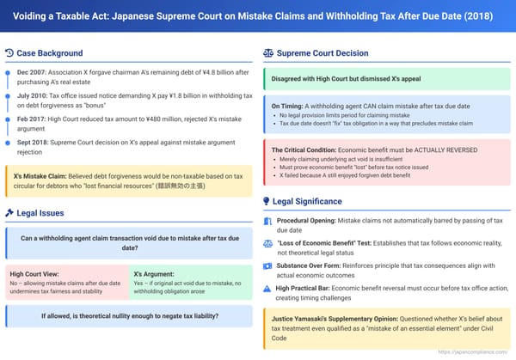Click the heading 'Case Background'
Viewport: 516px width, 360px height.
pyautogui.click(x=49, y=53)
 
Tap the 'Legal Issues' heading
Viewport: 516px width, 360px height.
pyautogui.click(x=41, y=212)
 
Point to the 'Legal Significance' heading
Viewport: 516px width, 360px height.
pyautogui.click(x=306, y=202)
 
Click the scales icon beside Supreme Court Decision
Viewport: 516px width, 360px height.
pyautogui.click(x=267, y=53)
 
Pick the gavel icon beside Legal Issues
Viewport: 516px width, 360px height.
pyautogui.click(x=9, y=212)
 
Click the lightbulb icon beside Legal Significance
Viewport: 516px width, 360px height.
pyautogui.click(x=267, y=202)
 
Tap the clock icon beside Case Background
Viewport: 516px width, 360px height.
pyautogui.click(x=9, y=53)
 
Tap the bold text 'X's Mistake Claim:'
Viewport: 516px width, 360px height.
pyautogui.click(x=40, y=174)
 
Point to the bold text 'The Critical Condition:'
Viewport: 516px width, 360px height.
pyautogui.click(x=304, y=149)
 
